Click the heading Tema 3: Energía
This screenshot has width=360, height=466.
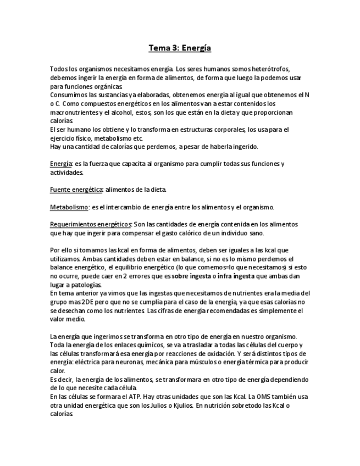(x=180, y=48)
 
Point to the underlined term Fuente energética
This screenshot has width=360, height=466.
(x=76, y=190)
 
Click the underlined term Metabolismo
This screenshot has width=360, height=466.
(x=69, y=207)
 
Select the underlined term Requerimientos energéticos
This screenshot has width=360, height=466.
(x=91, y=224)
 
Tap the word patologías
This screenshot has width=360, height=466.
(x=85, y=285)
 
